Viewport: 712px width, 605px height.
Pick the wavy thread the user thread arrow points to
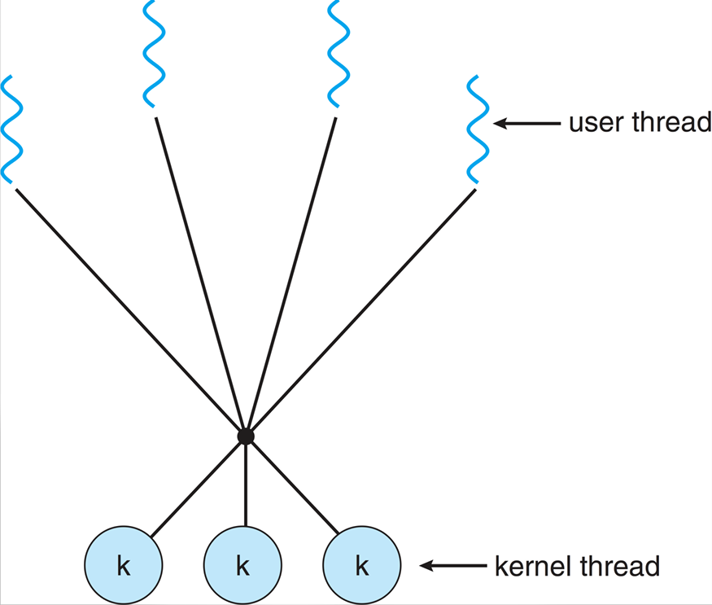coord(477,129)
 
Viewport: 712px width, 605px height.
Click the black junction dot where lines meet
coord(245,437)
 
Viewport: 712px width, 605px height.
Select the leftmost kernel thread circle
coord(124,564)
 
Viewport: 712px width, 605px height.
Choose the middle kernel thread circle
coord(242,564)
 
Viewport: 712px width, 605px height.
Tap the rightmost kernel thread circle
coord(362,564)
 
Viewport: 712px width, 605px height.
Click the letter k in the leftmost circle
coord(124,565)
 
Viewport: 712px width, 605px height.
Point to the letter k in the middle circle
coord(242,565)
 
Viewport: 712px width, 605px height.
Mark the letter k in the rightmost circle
coord(362,565)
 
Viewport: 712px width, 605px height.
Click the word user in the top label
coord(592,124)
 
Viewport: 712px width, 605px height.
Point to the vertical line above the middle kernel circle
coord(245,484)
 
